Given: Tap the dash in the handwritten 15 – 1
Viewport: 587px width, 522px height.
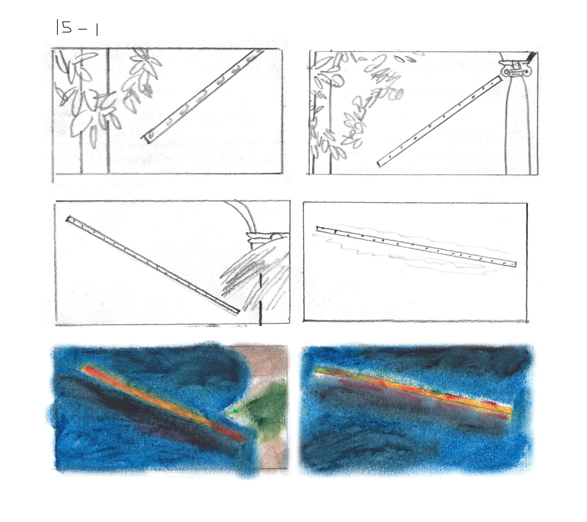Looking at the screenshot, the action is pyautogui.click(x=82, y=29).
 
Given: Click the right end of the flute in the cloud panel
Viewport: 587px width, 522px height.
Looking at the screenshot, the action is pyautogui.click(x=515, y=264).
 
